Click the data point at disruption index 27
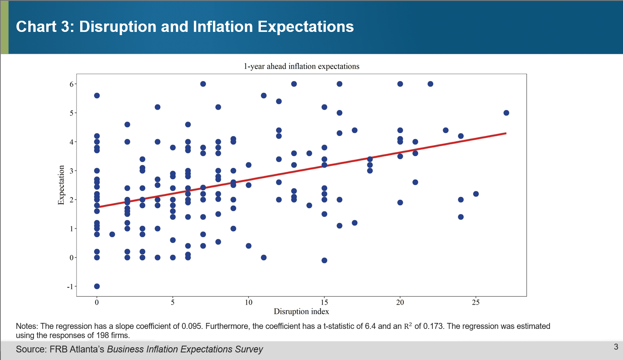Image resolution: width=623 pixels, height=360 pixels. (x=506, y=113)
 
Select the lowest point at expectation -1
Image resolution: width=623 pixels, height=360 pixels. (x=97, y=286)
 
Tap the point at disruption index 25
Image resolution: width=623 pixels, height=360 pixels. (x=476, y=194)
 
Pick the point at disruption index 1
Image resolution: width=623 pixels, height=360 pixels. (x=112, y=234)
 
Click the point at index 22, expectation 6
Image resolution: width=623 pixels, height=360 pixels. (x=430, y=84)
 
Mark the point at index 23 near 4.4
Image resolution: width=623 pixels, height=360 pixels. (x=446, y=130)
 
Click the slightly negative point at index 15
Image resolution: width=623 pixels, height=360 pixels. (x=324, y=260)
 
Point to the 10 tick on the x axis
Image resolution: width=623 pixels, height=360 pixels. (x=248, y=302)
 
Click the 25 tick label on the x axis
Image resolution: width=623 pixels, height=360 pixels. (x=476, y=302)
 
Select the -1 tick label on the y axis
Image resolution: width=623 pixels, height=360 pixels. (x=70, y=287)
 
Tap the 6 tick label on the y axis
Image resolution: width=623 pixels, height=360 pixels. (x=72, y=84)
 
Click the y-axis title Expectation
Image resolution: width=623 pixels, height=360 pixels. (x=61, y=185)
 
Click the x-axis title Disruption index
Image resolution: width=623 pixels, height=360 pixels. (x=301, y=311)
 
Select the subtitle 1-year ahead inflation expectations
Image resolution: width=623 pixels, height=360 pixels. (x=301, y=67)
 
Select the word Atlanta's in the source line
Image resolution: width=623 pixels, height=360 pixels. (x=87, y=349)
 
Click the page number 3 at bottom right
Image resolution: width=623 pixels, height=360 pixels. (x=616, y=346)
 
